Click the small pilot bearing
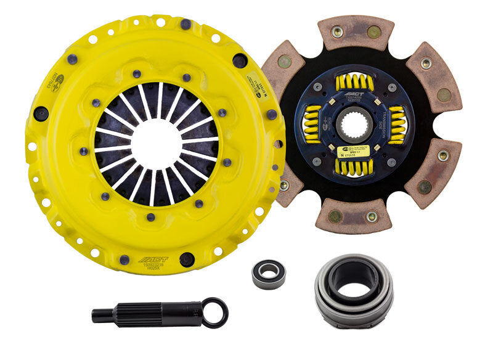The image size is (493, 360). [269, 274]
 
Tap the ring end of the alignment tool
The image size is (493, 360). [216, 312]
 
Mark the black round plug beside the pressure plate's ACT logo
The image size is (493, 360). [186, 258]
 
